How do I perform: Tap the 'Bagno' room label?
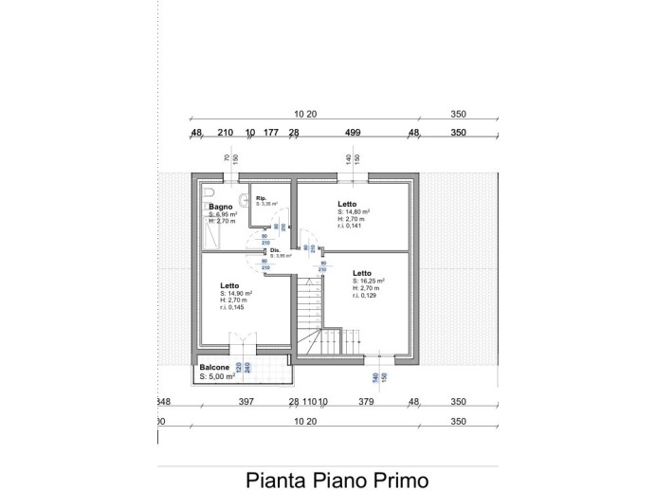[x=221, y=207]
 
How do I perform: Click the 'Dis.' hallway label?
[x=275, y=250]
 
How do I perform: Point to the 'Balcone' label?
[x=213, y=367]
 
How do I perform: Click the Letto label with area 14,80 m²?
[x=347, y=204]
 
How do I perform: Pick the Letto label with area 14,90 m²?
[x=230, y=285]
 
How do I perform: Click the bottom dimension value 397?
[x=246, y=402]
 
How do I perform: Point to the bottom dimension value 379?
[x=367, y=402]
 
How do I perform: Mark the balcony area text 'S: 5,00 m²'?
[x=217, y=376]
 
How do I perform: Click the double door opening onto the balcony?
[x=245, y=342]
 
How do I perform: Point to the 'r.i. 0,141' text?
[x=350, y=226]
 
